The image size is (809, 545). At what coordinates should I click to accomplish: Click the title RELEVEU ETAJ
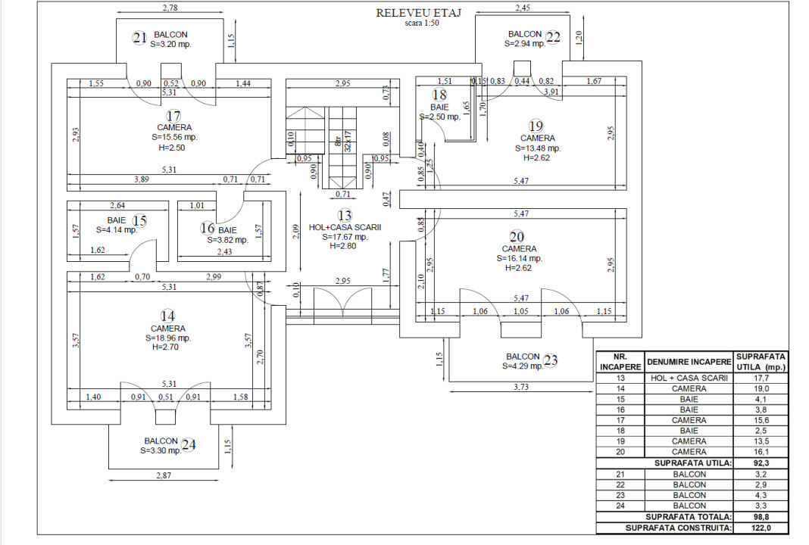point(419,12)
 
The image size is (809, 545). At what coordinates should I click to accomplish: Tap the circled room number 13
point(345,215)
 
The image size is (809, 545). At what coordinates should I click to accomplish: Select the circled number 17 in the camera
point(174,116)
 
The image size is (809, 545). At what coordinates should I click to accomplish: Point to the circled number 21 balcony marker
point(139,38)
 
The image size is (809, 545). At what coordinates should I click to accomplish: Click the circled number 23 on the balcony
point(550,361)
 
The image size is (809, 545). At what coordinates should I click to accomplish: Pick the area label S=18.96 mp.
point(167,338)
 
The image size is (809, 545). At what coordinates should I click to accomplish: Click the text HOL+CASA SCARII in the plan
point(345,226)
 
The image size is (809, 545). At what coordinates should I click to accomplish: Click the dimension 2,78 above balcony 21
point(170,8)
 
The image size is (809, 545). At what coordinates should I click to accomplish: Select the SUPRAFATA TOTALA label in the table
point(688,516)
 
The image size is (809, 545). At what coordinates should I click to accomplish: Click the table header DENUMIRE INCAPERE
point(689,361)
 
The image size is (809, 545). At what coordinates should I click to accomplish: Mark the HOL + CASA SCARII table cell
point(689,378)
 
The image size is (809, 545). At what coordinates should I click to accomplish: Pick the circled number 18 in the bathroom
point(439,95)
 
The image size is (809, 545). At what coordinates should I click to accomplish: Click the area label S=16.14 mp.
point(520,258)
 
